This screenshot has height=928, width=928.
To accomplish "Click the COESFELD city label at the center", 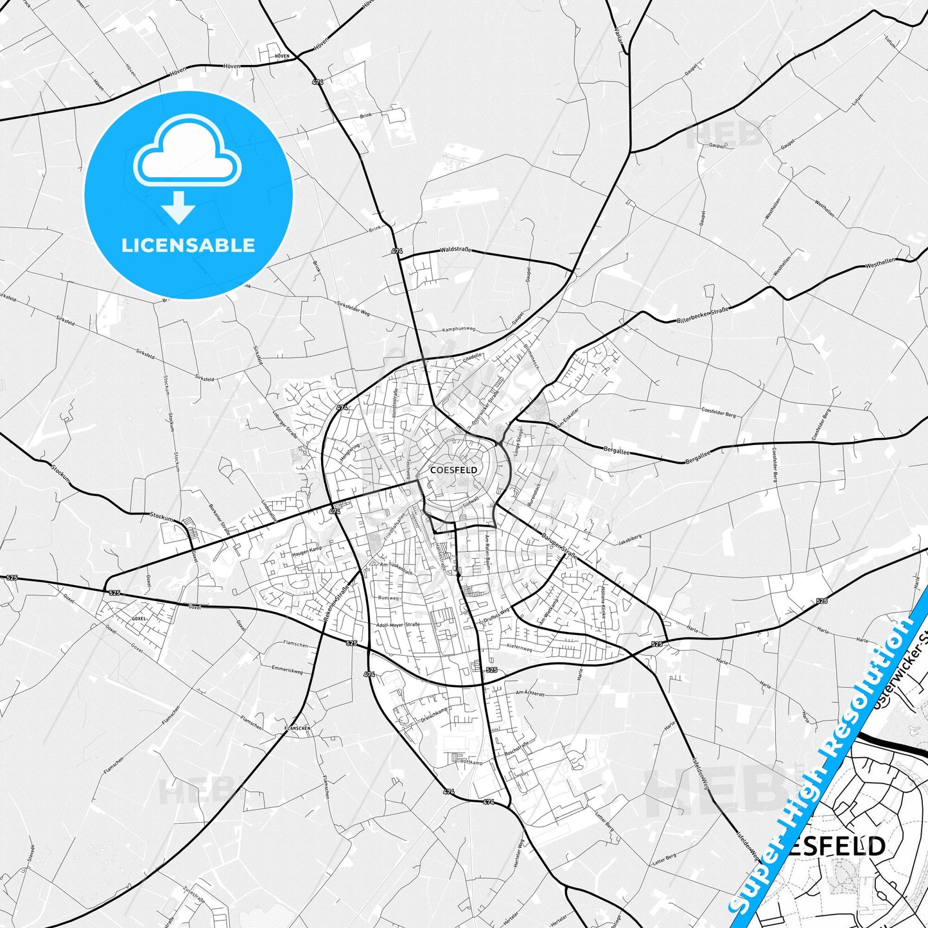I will click(x=453, y=470).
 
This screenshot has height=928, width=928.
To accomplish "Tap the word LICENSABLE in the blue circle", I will click(x=188, y=245).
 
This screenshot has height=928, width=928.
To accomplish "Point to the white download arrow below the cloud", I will click(x=179, y=207).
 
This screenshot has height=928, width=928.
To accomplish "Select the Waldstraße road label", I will click(x=456, y=250).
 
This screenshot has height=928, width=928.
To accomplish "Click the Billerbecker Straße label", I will click(x=703, y=315).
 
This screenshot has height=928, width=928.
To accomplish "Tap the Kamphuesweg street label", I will click(x=459, y=329).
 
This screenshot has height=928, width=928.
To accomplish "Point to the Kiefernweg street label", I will click(x=520, y=649).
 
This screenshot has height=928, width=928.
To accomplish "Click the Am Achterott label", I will click(x=530, y=693).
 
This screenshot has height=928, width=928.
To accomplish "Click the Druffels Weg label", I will click(x=496, y=615).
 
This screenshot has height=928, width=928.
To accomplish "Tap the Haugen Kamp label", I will click(x=306, y=550).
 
